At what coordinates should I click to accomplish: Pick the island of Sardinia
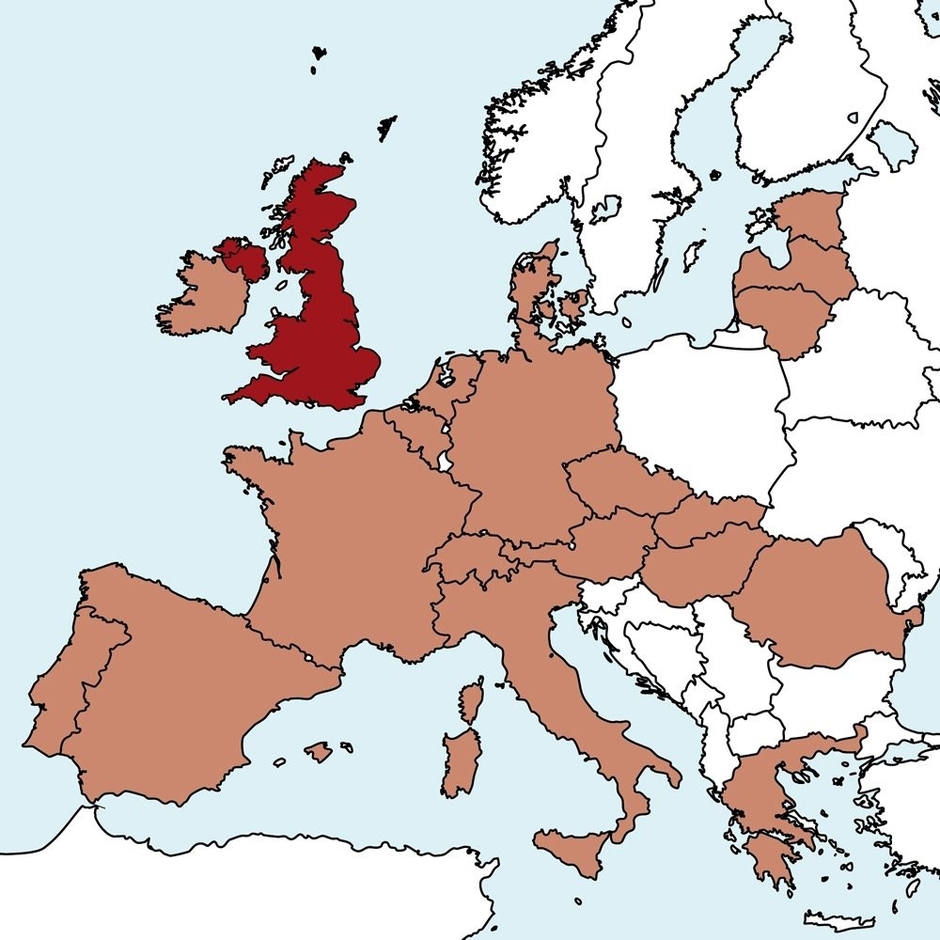[x=461, y=761]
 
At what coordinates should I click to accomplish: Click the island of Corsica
[x=471, y=701]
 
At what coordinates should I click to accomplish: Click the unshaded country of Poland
[x=705, y=414]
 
